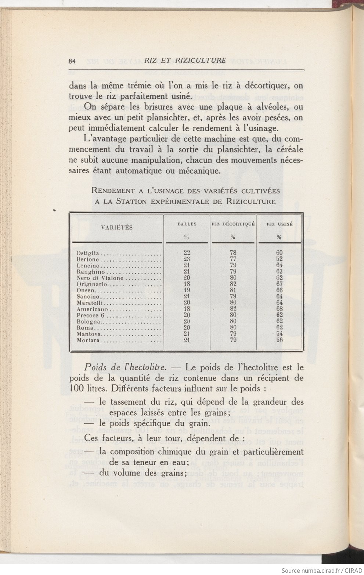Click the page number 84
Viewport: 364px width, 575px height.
pyautogui.click(x=72, y=62)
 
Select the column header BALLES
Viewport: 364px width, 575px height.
pyautogui.click(x=187, y=224)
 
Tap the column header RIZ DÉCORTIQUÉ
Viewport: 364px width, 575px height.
pyautogui.click(x=233, y=224)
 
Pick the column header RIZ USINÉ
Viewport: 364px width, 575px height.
pyautogui.click(x=279, y=224)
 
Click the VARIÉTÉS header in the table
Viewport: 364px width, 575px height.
pyautogui.click(x=116, y=227)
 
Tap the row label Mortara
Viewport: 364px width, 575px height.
pyautogui.click(x=88, y=340)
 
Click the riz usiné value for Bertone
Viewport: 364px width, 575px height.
pyautogui.click(x=279, y=259)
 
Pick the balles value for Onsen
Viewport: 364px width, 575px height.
pyautogui.click(x=187, y=290)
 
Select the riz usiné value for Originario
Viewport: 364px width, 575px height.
pyautogui.click(x=279, y=284)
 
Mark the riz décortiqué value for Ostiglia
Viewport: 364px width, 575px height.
pyautogui.click(x=233, y=253)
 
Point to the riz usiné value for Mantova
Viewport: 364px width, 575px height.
pyautogui.click(x=279, y=334)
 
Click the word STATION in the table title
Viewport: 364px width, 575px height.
pyautogui.click(x=131, y=202)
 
